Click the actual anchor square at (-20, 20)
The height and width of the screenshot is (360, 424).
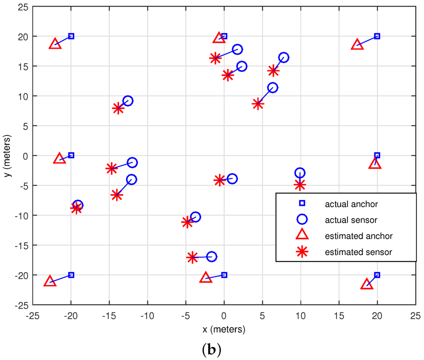point(71,36)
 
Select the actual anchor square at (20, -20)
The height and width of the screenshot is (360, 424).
point(377,275)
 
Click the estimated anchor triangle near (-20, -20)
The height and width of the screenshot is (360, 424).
point(50,281)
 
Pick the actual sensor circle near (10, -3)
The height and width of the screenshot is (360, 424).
point(300,173)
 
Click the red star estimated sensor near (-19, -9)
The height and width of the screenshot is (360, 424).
point(76,208)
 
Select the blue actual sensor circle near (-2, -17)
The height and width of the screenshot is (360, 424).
point(212,257)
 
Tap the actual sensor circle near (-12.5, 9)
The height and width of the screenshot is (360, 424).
point(128,101)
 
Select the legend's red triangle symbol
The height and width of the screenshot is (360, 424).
point(302,235)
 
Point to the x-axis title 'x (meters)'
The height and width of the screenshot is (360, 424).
point(224,330)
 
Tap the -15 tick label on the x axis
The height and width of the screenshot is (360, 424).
point(109,316)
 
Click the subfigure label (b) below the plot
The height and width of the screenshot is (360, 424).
point(211,350)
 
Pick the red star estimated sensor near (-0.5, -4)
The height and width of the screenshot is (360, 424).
point(219,180)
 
